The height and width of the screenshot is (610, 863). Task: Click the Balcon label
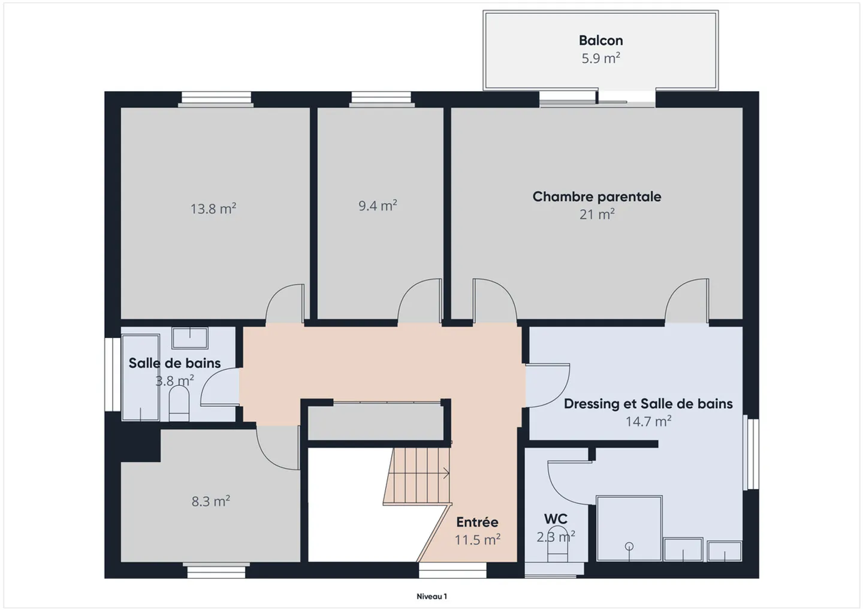601,40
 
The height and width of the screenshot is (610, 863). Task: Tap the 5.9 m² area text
601,58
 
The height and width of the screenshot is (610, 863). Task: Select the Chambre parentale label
597,197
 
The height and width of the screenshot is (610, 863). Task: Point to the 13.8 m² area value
213,209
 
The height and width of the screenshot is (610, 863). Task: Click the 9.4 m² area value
378,206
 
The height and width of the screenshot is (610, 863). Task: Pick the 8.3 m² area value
211,501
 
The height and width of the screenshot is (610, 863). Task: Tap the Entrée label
477,522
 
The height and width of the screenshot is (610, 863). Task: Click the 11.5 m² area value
477,539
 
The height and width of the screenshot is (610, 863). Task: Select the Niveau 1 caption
432,597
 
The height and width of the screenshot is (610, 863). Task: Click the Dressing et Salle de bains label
648,404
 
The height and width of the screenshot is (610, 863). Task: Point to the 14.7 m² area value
648,421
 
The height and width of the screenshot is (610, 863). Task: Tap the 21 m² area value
597,214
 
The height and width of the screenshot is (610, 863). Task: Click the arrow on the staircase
446,473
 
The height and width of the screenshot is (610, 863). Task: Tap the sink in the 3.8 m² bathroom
190,338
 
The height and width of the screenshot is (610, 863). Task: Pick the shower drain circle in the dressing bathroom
629,546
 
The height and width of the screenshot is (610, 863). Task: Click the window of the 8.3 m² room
216,570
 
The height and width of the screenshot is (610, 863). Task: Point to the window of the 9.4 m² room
381,99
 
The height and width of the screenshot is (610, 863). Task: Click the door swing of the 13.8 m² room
285,303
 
